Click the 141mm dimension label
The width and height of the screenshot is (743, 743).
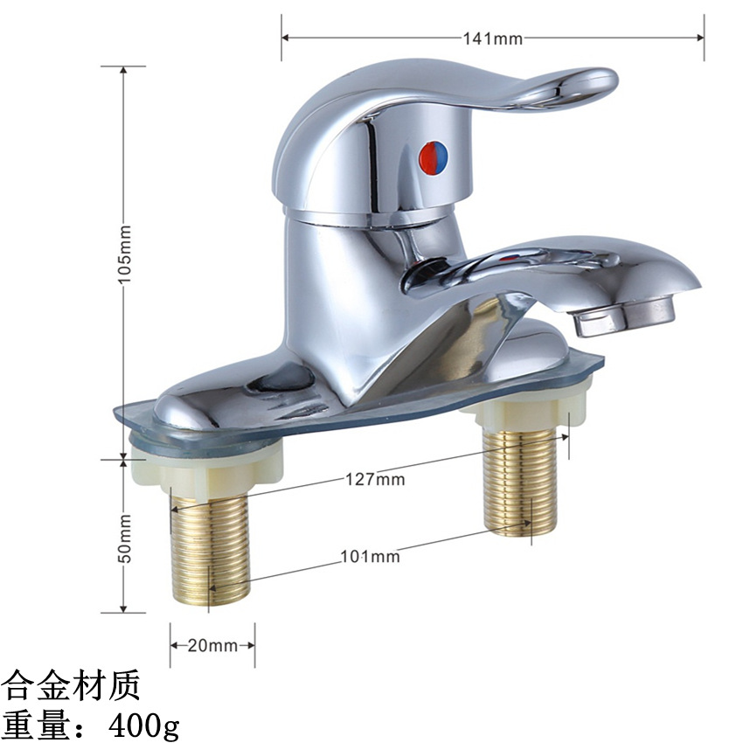coord(493,38)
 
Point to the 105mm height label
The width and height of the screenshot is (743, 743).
coord(124,254)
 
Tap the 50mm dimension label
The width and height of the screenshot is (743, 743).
coord(124,538)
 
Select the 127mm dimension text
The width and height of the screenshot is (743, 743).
coord(375,480)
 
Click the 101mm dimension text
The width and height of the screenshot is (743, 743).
coord(370,556)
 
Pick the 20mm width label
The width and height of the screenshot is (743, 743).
coord(212,645)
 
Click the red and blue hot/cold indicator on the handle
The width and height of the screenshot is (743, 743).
coord(434,158)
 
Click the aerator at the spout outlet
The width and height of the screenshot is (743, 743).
coord(624,315)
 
